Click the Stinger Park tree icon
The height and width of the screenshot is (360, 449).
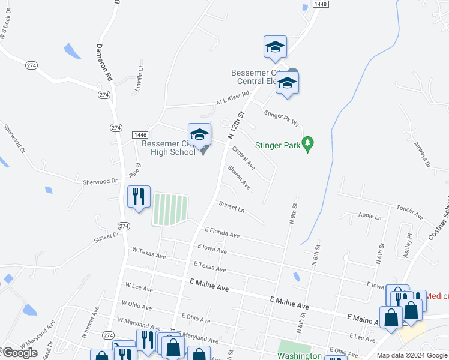coord(308,143)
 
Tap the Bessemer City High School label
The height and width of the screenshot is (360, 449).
coord(169,148)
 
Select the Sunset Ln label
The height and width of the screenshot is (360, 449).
coord(232,208)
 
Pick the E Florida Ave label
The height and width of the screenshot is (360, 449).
coord(222,232)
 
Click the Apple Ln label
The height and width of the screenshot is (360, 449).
coord(369,215)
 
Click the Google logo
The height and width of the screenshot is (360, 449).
coord(20,353)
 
